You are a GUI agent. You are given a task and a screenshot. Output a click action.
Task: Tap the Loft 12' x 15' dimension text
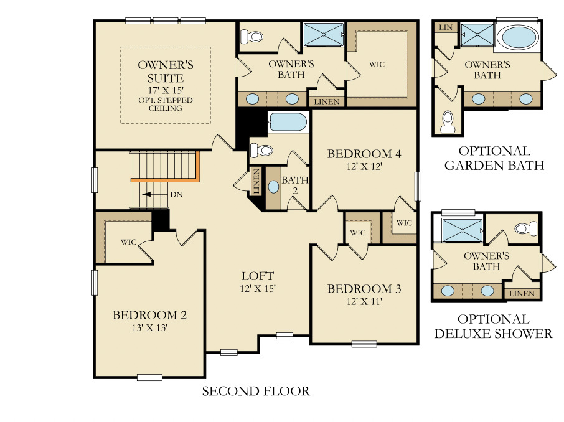pos(258,288)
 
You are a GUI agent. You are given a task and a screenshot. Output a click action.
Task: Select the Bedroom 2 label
pos(149,315)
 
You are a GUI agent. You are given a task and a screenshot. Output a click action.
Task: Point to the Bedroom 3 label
pos(364,289)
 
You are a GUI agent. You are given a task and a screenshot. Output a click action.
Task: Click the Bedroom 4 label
pos(364,154)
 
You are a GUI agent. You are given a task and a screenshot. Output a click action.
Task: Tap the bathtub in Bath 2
pos(288,122)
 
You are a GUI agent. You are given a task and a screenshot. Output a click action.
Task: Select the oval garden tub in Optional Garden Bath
pos(521,37)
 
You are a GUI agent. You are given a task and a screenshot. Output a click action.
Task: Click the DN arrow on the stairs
pos(148,194)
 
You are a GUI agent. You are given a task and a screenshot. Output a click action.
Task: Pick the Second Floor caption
pos(256,392)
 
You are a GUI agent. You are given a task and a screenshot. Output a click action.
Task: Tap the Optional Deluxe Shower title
pos(493,326)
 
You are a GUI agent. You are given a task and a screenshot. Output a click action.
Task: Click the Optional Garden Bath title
pos(494,158)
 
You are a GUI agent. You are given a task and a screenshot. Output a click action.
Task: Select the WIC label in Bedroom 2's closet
pos(128,241)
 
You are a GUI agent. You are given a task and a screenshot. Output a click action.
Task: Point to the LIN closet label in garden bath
pos(445,27)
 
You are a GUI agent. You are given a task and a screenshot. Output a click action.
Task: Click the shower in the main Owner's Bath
pos(323,35)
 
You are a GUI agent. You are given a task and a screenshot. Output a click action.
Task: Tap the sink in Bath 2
pos(273,187)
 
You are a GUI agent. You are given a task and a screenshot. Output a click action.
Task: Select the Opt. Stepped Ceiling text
pos(165,104)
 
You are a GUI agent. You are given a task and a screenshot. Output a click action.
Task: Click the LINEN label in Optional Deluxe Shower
pos(522,294)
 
